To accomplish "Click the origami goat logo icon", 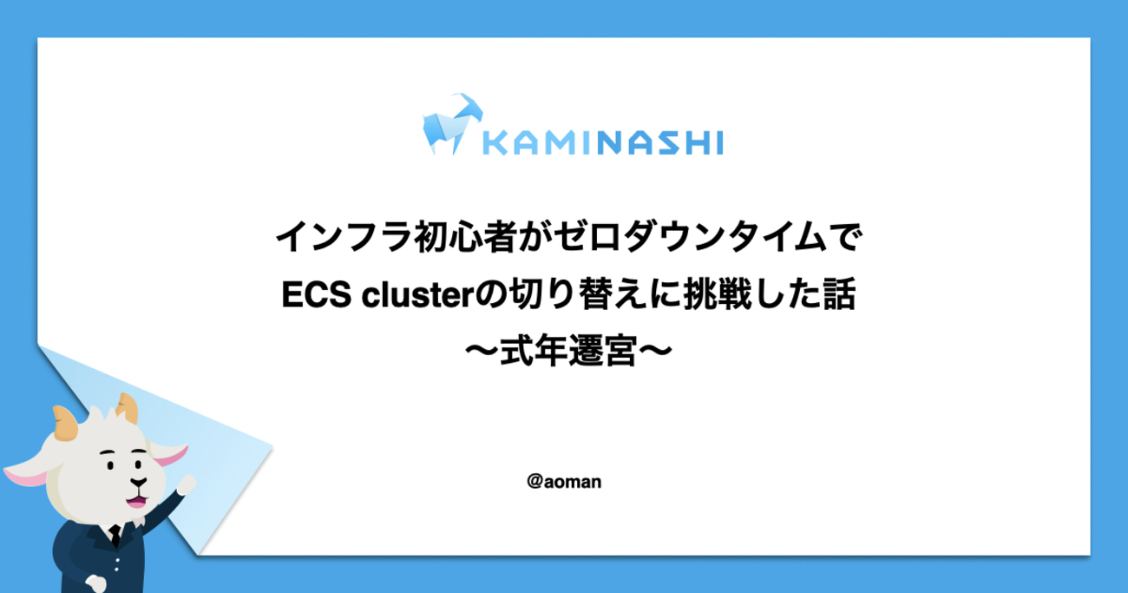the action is (x=452, y=124).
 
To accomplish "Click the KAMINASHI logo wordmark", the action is (x=603, y=142).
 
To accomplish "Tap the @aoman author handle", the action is (x=564, y=482).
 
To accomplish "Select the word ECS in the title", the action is (x=316, y=294).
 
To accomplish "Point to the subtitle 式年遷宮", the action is (x=568, y=351).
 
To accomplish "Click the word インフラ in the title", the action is (x=344, y=237).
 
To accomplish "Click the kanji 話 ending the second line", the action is (x=839, y=293).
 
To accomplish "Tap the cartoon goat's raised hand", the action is (x=187, y=484).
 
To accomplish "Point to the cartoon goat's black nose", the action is (x=139, y=482).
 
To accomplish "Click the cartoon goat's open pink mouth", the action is (x=136, y=501).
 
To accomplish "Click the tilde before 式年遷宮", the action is (x=482, y=351).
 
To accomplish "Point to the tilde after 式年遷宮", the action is (x=656, y=351).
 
